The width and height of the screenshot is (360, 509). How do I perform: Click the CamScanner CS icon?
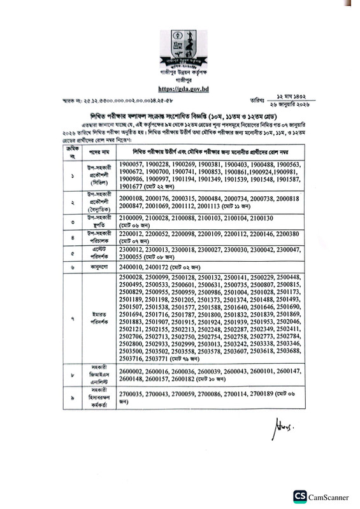(299, 496)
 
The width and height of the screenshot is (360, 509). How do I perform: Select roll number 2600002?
(132, 371)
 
